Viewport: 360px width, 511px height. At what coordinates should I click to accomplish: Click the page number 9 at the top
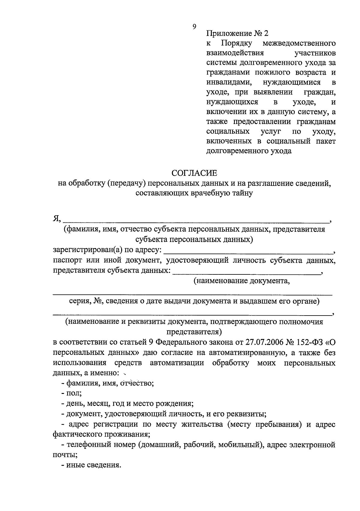[x=194, y=27]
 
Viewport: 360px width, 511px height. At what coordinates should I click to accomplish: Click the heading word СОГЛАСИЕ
[x=194, y=173]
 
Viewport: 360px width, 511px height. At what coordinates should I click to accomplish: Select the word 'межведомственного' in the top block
[x=299, y=43]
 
